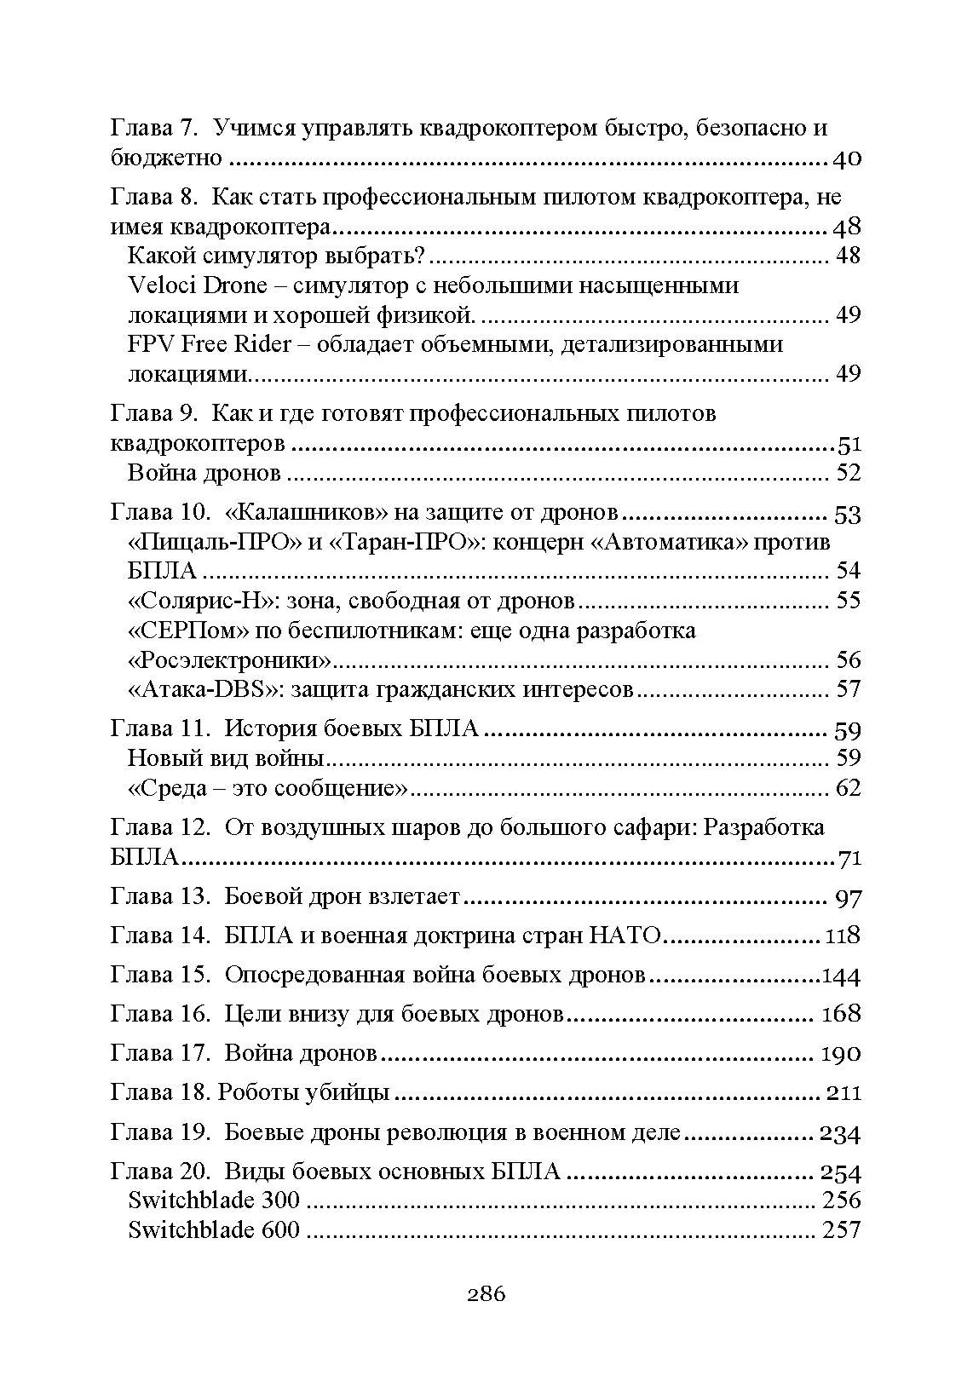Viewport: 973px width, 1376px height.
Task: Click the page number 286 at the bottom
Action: click(x=486, y=1294)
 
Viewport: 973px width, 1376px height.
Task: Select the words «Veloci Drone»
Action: click(x=197, y=285)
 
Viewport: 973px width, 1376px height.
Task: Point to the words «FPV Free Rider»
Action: click(x=210, y=344)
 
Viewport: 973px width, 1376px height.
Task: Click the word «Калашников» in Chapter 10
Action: click(x=303, y=513)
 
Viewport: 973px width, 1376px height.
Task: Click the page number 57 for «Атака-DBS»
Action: click(x=848, y=688)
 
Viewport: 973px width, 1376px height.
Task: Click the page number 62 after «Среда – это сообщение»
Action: click(x=848, y=788)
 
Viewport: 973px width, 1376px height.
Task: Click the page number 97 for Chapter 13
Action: click(x=848, y=898)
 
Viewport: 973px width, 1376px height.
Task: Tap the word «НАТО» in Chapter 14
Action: click(x=625, y=936)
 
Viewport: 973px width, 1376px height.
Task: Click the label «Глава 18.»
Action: click(x=160, y=1092)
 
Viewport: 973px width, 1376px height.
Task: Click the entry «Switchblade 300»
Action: click(x=214, y=1200)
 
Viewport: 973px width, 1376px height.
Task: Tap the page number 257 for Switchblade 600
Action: click(x=840, y=1231)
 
